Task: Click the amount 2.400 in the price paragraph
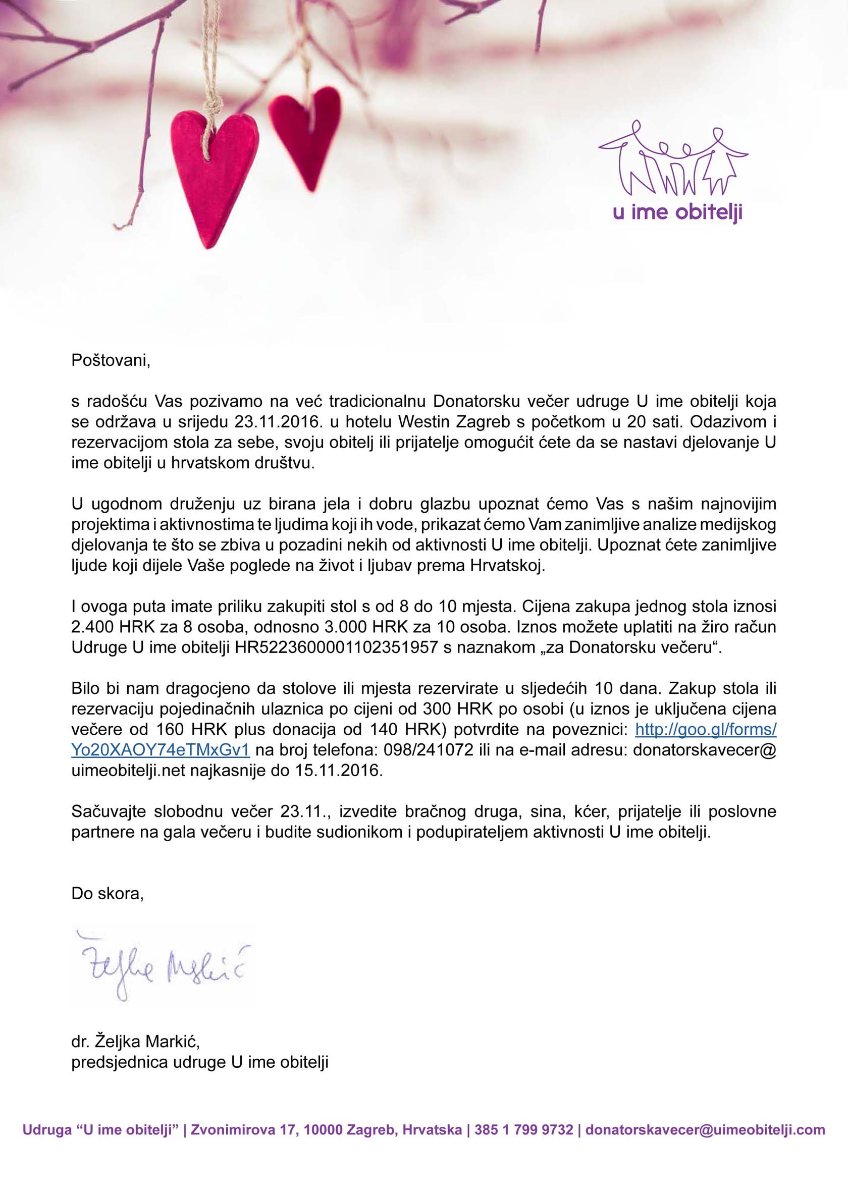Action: (x=91, y=627)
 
